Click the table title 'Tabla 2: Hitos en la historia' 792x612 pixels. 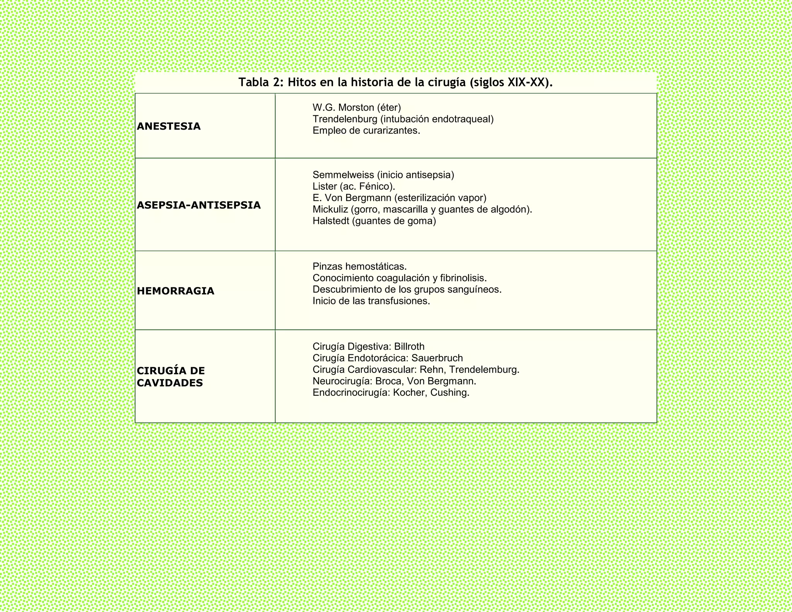point(395,82)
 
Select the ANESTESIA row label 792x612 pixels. point(169,126)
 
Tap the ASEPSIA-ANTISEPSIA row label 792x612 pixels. point(199,205)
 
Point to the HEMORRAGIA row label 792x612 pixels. point(176,291)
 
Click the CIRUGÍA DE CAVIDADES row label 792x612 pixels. point(171,377)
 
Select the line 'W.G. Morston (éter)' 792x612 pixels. point(357,108)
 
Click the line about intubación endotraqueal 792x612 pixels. point(403,119)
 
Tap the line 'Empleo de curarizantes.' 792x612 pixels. point(366,131)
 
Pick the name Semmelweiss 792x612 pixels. point(343,175)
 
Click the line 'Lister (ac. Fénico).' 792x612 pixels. point(354,186)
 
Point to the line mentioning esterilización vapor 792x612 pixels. point(399,198)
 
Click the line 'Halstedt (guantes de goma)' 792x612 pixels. point(374,221)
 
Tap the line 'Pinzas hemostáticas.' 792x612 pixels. point(360,267)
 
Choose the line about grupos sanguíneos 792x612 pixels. point(407,289)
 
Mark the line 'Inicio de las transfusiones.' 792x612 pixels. point(371,301)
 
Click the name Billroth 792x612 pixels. point(409,347)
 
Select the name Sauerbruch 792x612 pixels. point(437,358)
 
